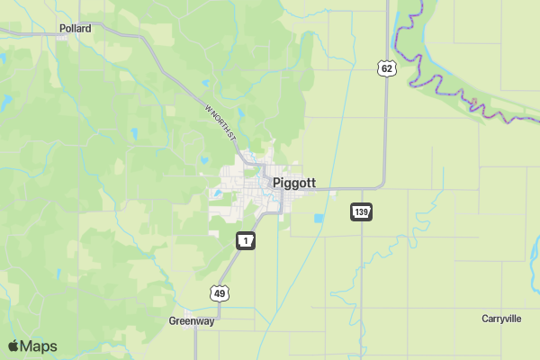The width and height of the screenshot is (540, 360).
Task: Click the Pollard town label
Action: tap(76, 29)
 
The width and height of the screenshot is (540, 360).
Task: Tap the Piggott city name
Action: tap(294, 183)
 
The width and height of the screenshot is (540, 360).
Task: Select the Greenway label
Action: tap(192, 320)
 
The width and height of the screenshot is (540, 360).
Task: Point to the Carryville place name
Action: tap(501, 319)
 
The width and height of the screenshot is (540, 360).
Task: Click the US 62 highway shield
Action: tap(386, 68)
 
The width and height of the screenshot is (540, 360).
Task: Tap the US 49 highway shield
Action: tap(220, 292)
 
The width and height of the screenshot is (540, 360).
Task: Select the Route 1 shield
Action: tap(246, 240)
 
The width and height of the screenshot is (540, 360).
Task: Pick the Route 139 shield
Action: tap(362, 212)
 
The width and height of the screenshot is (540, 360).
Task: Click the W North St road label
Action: tap(220, 121)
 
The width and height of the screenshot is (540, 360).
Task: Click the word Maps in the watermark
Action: tap(39, 346)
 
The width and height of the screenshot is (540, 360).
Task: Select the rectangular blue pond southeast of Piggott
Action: tap(318, 218)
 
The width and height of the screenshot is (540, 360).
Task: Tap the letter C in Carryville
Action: tap(485, 319)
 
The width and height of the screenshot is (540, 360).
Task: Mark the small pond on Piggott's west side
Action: tap(215, 192)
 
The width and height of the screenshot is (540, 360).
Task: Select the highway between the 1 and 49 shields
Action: tap(232, 267)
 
